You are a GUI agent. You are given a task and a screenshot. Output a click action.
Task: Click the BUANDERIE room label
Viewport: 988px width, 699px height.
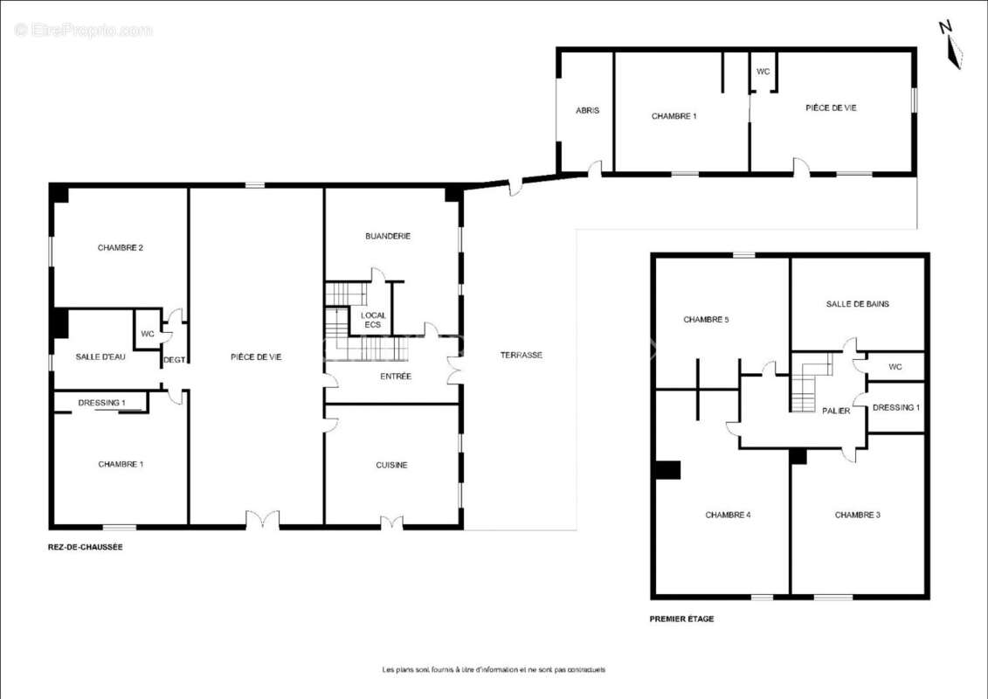click(388, 236)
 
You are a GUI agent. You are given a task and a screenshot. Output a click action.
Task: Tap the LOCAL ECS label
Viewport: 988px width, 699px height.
click(373, 320)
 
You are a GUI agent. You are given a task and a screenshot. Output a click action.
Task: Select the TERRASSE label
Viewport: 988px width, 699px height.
click(522, 355)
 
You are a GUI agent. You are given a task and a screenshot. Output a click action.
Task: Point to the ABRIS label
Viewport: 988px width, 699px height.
click(587, 110)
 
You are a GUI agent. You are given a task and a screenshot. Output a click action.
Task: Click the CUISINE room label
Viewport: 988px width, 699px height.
click(391, 465)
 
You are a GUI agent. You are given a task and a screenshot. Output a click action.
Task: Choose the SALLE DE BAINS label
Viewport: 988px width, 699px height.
click(858, 304)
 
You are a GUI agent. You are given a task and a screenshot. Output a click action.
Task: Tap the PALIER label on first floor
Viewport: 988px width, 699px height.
click(836, 411)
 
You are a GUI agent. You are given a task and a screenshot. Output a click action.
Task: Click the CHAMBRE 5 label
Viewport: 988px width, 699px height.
click(706, 320)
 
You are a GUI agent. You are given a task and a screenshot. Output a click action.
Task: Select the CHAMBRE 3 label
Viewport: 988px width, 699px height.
click(858, 515)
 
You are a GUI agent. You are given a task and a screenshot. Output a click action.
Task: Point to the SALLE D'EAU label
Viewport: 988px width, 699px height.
click(100, 356)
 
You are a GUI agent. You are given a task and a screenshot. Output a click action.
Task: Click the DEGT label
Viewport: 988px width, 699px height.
click(174, 360)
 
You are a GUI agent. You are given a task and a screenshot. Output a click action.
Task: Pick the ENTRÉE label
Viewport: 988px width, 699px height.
click(396, 377)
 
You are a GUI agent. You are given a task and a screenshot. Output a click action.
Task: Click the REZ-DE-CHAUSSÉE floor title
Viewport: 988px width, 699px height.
click(85, 547)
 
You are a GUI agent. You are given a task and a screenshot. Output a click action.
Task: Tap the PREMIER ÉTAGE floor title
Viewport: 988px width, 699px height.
click(681, 619)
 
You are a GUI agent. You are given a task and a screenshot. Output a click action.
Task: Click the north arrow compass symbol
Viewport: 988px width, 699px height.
click(951, 43)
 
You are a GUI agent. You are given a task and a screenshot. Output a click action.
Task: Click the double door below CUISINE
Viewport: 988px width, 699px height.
click(391, 522)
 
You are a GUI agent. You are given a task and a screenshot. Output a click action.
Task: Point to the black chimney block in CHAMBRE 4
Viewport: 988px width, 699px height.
click(668, 470)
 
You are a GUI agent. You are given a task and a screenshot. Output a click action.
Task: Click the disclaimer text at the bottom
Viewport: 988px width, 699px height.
click(494, 669)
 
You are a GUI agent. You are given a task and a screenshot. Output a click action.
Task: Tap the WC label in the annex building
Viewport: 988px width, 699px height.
click(763, 72)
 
